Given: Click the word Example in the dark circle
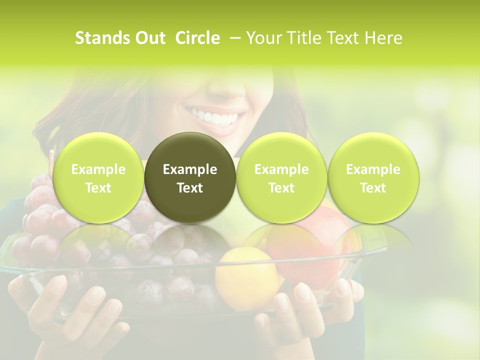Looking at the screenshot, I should pyautogui.click(x=190, y=170).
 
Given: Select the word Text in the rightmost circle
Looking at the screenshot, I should pyautogui.click(x=373, y=188).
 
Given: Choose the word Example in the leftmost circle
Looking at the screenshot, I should pyautogui.click(x=98, y=170).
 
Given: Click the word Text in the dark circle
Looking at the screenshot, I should pyautogui.click(x=190, y=188).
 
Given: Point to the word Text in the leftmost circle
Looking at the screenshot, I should pyautogui.click(x=98, y=188).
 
